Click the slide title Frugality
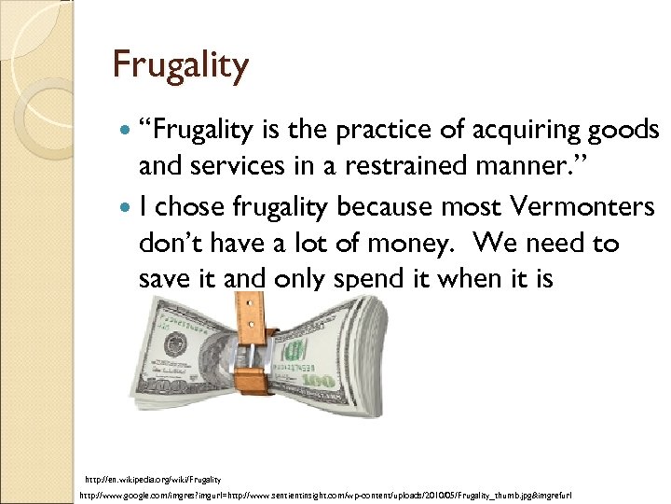coord(181,65)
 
